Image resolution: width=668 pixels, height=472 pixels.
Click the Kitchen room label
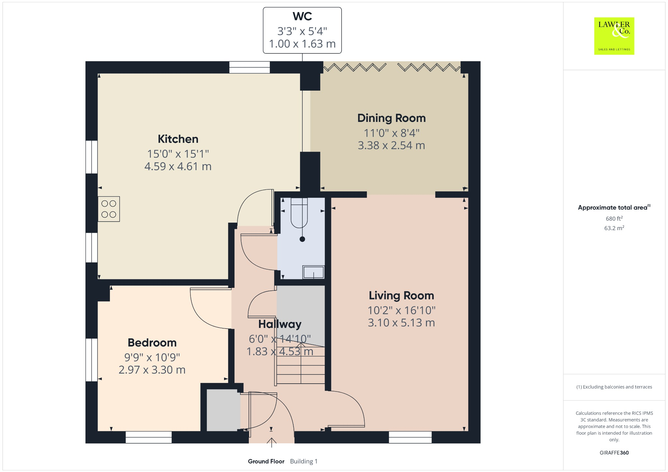(178, 139)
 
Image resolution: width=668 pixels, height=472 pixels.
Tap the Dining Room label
(391, 118)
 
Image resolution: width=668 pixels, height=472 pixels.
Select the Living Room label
(402, 296)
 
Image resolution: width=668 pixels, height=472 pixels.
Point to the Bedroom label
(152, 343)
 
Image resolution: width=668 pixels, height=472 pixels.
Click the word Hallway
(280, 324)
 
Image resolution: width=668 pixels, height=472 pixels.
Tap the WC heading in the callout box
(302, 16)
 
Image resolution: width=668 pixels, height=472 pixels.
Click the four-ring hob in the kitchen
(109, 209)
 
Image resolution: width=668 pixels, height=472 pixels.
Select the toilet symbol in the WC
(299, 213)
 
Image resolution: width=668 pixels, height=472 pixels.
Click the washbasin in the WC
(313, 272)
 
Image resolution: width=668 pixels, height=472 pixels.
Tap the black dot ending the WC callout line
(302, 239)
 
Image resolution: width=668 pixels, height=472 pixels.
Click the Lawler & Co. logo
(614, 36)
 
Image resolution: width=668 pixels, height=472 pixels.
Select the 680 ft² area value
(614, 218)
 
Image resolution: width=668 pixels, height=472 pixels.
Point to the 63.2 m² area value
(614, 228)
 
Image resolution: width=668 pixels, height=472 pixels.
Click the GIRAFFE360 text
(614, 453)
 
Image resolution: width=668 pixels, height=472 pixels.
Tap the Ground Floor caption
(266, 461)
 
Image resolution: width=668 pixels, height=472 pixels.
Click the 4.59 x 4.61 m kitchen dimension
(178, 167)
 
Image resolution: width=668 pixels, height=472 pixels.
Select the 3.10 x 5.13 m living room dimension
(402, 323)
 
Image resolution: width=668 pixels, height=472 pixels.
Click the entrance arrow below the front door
(271, 443)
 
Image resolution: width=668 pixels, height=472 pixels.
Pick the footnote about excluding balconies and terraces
(614, 387)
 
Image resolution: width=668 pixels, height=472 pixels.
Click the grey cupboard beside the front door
(223, 410)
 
